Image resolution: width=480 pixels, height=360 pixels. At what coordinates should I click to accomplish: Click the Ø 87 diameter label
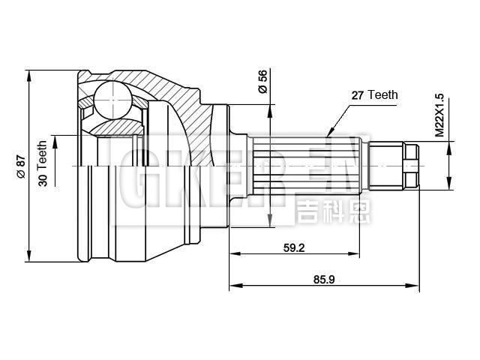tap(20, 166)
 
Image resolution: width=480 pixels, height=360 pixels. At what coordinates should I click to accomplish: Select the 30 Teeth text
tap(43, 163)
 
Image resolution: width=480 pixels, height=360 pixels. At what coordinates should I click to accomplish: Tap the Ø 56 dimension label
tap(262, 80)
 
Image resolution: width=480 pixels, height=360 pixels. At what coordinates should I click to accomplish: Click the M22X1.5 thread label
tap(439, 113)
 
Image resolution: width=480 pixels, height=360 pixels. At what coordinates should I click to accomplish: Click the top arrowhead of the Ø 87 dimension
tap(29, 73)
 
